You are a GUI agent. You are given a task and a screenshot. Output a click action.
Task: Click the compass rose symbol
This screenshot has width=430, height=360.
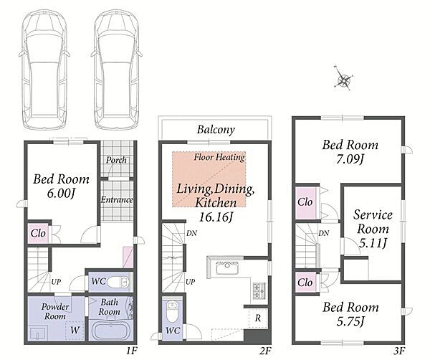[343, 79]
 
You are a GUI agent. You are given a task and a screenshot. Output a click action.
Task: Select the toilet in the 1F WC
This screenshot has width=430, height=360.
[118, 282]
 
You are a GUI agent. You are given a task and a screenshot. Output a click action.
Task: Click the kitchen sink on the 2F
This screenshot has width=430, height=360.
[227, 267]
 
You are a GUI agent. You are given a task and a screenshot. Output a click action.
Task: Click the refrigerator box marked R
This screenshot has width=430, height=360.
[258, 318]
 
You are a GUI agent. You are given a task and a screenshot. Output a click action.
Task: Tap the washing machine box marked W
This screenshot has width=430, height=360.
[75, 330]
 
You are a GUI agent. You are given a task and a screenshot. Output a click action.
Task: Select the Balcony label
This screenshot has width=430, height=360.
[216, 130]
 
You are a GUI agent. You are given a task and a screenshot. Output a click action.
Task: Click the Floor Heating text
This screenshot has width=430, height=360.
[219, 157]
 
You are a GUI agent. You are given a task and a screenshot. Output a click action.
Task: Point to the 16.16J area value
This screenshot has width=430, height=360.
[216, 217]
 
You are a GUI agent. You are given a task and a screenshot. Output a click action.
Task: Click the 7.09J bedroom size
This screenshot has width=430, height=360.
[350, 159]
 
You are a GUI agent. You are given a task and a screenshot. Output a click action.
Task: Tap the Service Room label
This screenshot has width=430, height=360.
[373, 222]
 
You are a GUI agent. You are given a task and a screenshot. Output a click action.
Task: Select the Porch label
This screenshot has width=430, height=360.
[116, 160]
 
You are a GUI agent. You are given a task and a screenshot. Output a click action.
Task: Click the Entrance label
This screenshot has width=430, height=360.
[117, 199]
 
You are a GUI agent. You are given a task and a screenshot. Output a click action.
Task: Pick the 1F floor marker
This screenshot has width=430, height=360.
[132, 351]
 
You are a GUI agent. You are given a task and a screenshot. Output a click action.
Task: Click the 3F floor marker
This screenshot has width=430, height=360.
[400, 351]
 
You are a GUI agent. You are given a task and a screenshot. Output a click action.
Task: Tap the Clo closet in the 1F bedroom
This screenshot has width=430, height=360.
[38, 234]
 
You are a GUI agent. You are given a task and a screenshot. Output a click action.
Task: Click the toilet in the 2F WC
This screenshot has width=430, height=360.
[173, 312]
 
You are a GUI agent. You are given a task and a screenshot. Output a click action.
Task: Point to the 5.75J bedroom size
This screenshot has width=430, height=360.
[350, 321]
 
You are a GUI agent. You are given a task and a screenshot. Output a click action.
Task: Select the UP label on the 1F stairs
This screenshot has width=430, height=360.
[56, 282]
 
